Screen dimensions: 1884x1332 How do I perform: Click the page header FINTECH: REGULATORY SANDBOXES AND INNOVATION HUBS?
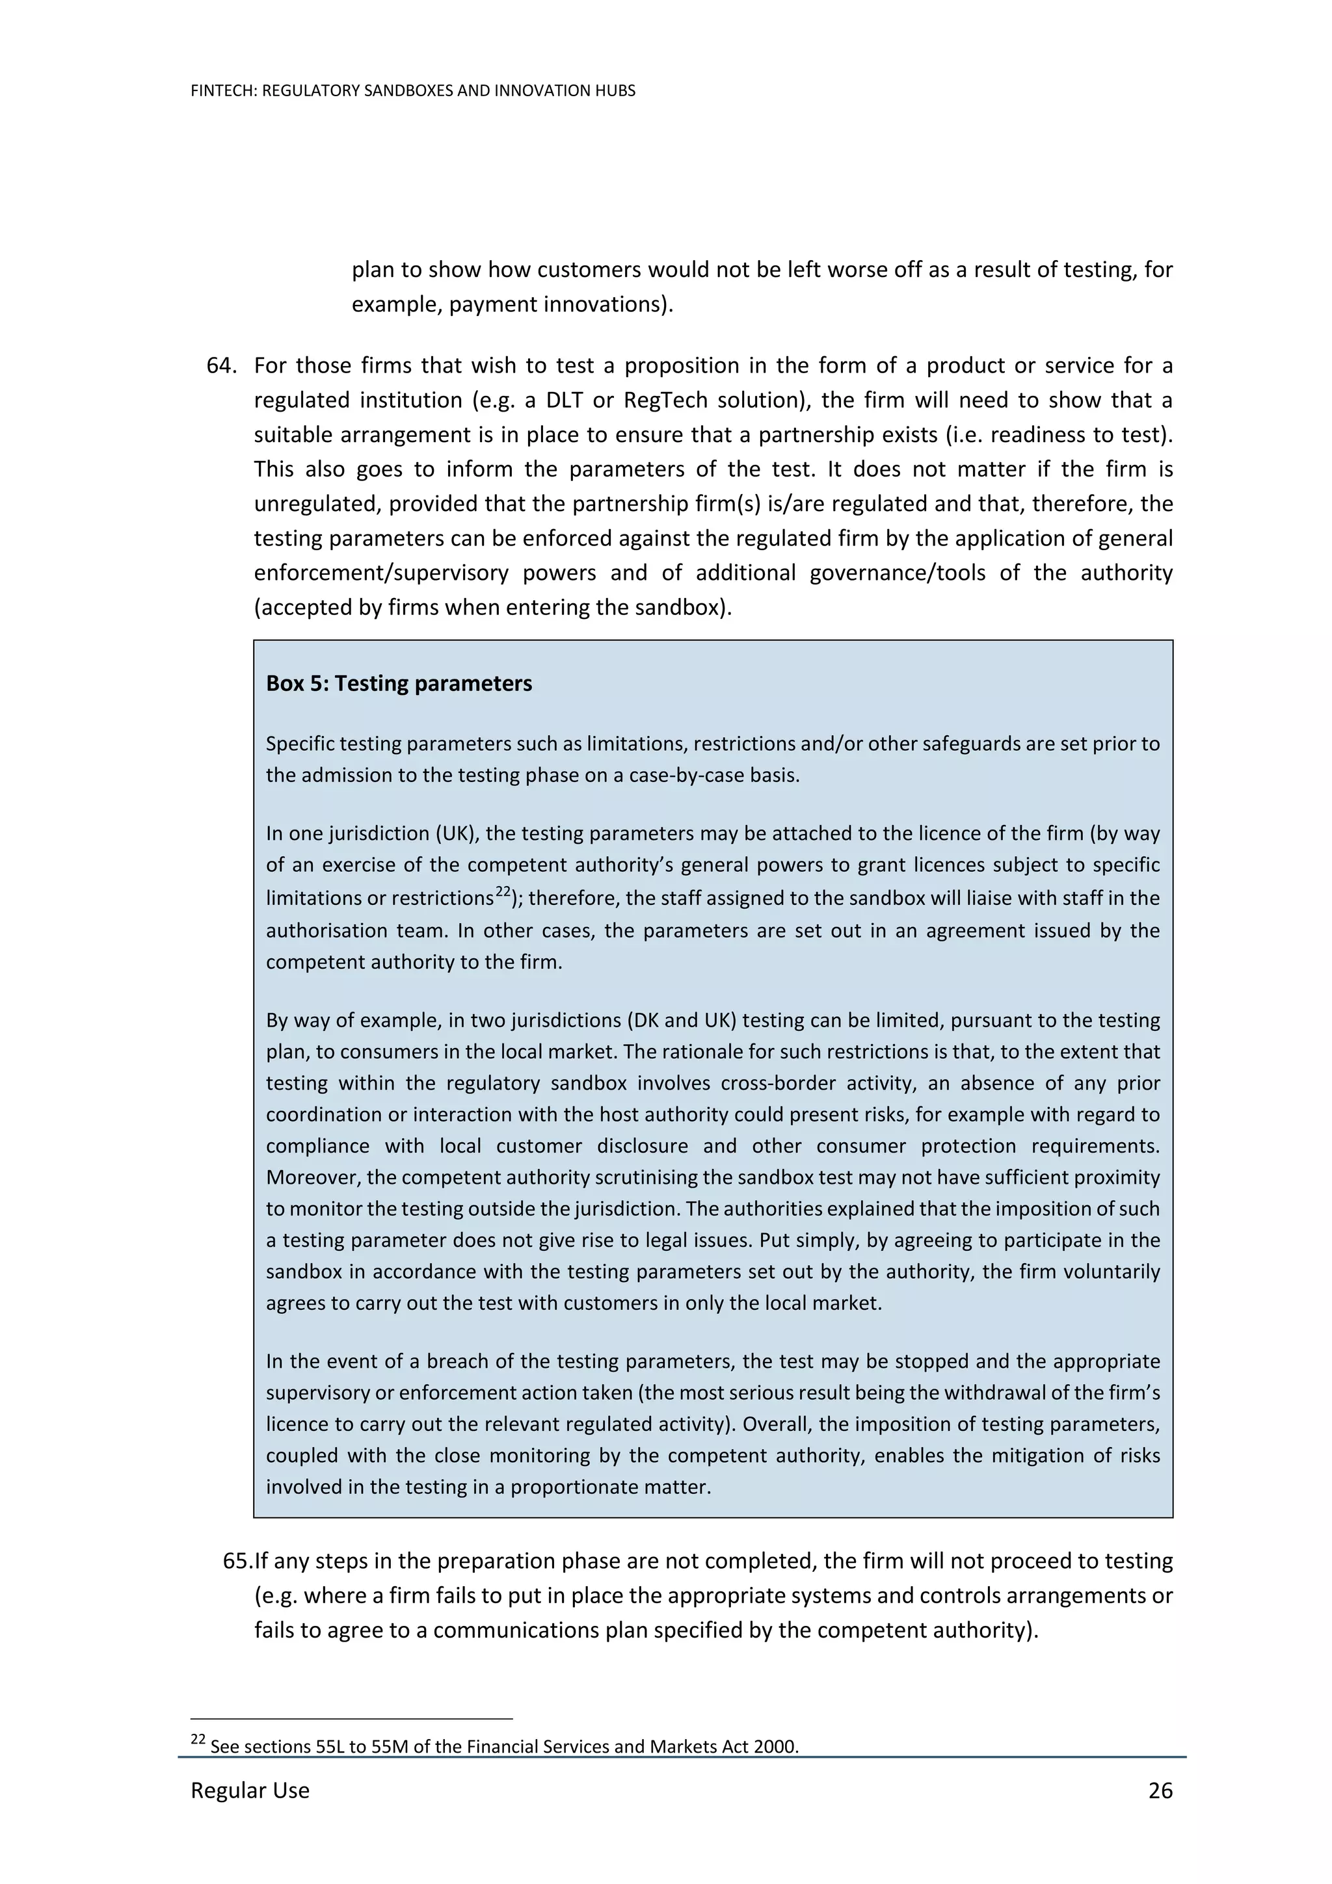click(x=413, y=91)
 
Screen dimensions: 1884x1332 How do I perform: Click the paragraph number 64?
click(x=222, y=365)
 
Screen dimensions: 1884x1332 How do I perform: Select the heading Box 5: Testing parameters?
click(x=399, y=683)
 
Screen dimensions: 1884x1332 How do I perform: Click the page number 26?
click(x=1160, y=1790)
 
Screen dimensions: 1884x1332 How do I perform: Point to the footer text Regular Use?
click(x=250, y=1790)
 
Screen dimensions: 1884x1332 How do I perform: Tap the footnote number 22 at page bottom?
click(x=198, y=1739)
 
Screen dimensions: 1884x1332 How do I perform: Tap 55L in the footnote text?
click(x=330, y=1746)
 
